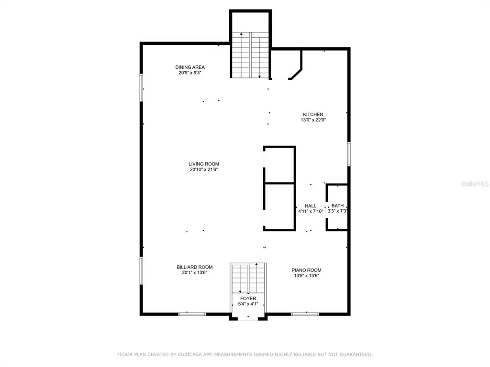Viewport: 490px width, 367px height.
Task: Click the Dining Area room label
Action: click(189, 67)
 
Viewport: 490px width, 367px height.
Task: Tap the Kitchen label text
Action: click(313, 115)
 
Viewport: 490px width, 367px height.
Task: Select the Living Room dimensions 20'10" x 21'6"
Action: click(204, 170)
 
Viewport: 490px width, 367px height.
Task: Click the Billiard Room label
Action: click(195, 267)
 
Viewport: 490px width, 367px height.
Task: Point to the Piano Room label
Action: click(307, 270)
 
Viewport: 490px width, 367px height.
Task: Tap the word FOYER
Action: click(248, 299)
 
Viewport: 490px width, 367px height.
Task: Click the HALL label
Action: click(311, 206)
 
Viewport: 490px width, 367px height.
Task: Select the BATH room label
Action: click(337, 205)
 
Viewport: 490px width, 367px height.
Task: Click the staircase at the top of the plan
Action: click(250, 55)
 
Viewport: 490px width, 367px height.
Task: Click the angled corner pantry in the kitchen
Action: click(286, 65)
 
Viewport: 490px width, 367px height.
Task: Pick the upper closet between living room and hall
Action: click(279, 164)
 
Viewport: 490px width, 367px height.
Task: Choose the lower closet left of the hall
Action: click(279, 207)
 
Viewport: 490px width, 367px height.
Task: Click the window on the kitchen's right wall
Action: click(349, 153)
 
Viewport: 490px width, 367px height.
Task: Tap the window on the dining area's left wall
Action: click(141, 87)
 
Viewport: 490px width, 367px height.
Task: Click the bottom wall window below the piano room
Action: click(305, 314)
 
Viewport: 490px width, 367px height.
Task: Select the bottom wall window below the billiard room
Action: click(192, 314)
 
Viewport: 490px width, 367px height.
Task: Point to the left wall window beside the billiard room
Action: click(141, 270)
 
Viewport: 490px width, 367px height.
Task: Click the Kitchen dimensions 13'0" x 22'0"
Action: click(313, 120)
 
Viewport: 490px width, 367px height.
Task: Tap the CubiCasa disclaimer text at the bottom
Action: click(245, 355)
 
